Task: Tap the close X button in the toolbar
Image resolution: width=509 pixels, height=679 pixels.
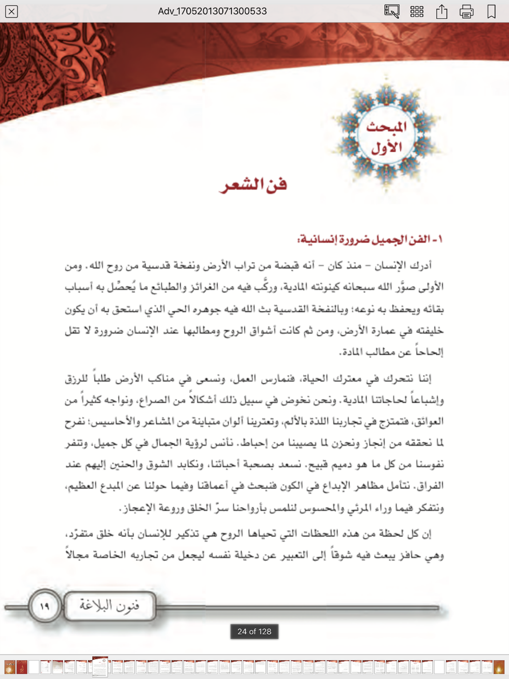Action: pos(11,11)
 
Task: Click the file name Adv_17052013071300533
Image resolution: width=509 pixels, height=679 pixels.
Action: pos(212,11)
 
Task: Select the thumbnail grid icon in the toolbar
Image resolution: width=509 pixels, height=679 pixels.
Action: pos(417,11)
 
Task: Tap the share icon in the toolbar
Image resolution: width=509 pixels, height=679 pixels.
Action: pos(441,11)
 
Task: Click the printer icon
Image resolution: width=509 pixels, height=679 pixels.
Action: pos(466,11)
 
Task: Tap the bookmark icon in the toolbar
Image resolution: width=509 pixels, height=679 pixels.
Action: pos(491,11)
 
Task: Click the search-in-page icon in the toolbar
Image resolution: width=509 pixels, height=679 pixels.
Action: pos(391,11)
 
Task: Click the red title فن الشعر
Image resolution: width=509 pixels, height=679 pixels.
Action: pos(253,185)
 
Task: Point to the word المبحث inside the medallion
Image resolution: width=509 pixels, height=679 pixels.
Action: pos(387,126)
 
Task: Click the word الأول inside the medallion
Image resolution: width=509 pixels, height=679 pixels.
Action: pos(386,148)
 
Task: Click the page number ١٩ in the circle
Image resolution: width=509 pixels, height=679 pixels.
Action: pos(44,606)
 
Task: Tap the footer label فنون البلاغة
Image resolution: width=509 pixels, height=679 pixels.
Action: pos(109,606)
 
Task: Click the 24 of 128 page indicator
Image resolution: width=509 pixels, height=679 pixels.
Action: pos(254,632)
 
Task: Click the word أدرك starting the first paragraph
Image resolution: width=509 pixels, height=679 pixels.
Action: pos(420,265)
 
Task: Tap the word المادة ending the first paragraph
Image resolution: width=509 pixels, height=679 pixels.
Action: pos(353,352)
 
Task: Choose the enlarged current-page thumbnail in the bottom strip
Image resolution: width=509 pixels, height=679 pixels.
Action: pos(100,667)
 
